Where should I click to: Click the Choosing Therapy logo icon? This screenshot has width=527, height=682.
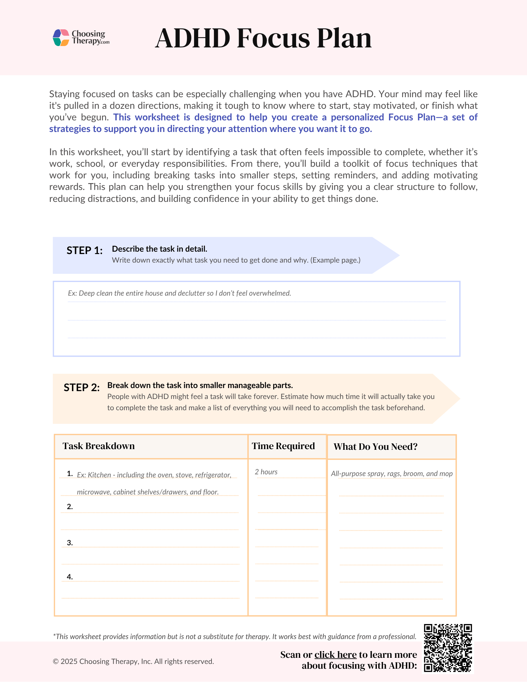(61, 38)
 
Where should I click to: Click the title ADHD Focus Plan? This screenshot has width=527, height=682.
(263, 38)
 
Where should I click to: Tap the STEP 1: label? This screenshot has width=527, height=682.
(85, 251)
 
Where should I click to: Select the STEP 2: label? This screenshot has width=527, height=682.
(82, 388)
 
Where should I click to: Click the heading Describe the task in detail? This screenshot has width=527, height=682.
(159, 249)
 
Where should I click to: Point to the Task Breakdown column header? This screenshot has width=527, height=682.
(99, 446)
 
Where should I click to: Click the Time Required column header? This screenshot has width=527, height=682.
(283, 446)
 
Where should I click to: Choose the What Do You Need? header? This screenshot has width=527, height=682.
(376, 447)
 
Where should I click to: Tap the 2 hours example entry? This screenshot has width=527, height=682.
(266, 472)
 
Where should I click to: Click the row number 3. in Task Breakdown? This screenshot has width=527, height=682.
(70, 543)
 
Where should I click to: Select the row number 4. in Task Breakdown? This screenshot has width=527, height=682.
(70, 577)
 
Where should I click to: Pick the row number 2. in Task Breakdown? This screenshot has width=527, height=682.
(70, 507)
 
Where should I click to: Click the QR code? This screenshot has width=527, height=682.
(448, 648)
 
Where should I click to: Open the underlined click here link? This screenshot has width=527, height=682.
(335, 655)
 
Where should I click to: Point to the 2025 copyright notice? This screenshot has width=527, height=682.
(133, 662)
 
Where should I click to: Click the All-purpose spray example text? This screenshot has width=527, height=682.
(392, 474)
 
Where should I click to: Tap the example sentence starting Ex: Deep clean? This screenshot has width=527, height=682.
(179, 293)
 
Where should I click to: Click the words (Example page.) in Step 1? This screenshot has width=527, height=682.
(335, 260)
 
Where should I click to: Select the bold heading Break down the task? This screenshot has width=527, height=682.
(200, 385)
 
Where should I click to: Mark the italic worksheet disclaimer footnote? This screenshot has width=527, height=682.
(235, 636)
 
